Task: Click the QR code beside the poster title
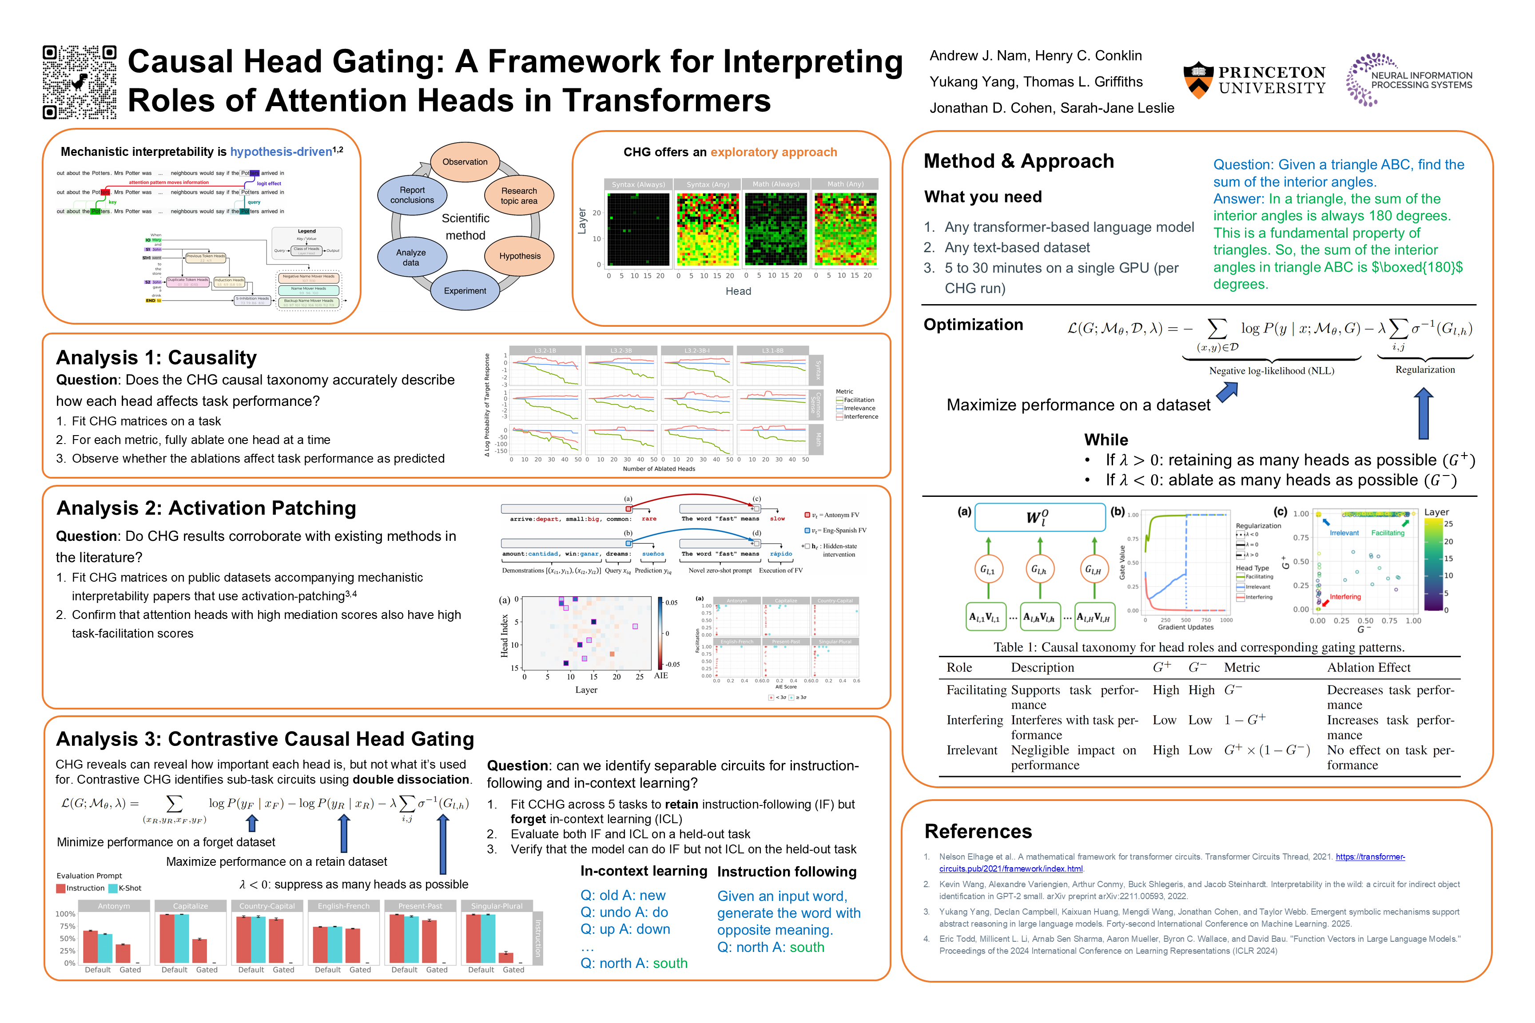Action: coord(80,82)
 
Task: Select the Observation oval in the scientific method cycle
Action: coord(465,162)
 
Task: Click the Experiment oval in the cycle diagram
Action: coord(465,291)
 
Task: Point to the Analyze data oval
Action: coord(411,258)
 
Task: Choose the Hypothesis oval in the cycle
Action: coord(520,256)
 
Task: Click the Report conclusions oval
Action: coord(412,195)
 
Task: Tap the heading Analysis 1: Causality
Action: coord(157,357)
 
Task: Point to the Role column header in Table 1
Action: coord(959,667)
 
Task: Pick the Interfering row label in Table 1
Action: coord(974,720)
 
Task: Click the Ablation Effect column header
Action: coord(1368,667)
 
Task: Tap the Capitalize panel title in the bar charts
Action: coord(191,906)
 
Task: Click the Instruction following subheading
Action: coord(787,872)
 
